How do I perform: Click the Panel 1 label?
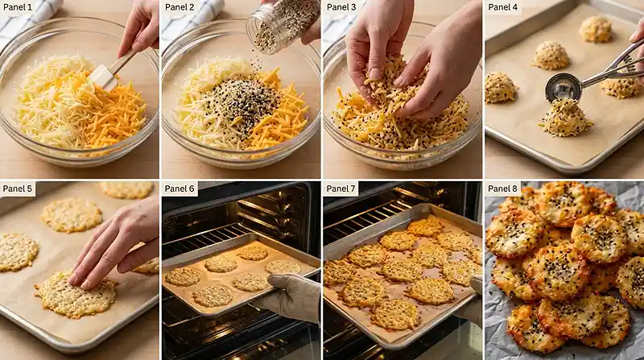point(18,7)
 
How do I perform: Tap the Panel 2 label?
point(180,7)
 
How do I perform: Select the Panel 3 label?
point(341,7)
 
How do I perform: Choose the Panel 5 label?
point(18,188)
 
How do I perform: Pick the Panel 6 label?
point(180,188)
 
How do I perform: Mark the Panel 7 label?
point(341,188)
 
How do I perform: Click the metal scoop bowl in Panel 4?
point(563,89)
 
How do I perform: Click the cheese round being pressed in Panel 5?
point(76,294)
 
